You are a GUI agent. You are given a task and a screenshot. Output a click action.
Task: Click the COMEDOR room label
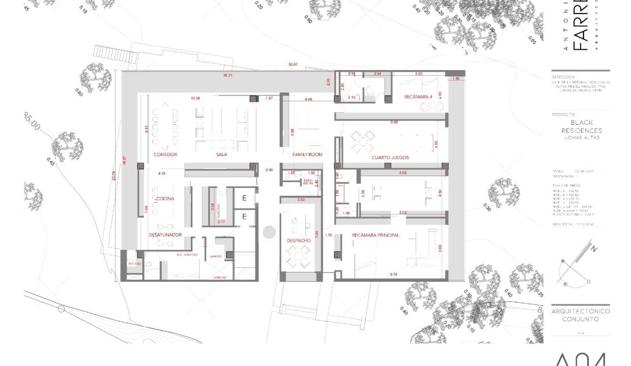tap(165, 154)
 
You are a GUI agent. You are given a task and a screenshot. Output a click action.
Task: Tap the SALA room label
tap(221, 154)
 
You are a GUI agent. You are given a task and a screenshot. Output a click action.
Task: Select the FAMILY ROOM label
tap(307, 154)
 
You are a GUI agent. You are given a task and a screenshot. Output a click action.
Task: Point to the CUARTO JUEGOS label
tap(390, 158)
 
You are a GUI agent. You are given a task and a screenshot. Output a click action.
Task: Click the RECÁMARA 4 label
tap(418, 97)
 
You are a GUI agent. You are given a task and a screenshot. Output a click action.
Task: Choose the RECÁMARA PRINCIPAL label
tap(376, 235)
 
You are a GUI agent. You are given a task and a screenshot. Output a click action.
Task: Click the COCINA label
tap(166, 198)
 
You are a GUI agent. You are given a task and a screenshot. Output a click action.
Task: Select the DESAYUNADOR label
tap(165, 235)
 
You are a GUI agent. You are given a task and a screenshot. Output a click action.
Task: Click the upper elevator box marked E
tap(244, 198)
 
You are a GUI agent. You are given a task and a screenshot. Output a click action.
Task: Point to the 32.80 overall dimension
tap(293, 65)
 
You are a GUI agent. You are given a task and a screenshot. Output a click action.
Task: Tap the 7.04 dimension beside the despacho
tap(317, 234)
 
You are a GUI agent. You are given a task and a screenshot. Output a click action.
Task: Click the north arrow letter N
tap(593, 249)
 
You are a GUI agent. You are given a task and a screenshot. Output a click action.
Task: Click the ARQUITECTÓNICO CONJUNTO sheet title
tap(580, 315)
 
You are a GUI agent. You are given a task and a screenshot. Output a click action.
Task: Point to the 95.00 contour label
tap(32, 122)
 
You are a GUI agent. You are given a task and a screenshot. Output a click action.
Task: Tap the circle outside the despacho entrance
tap(269, 232)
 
